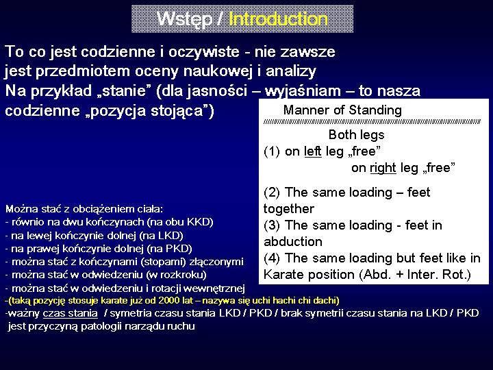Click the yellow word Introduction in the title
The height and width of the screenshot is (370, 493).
[278, 19]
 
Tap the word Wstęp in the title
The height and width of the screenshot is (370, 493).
[185, 19]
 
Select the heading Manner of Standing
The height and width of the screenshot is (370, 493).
[342, 110]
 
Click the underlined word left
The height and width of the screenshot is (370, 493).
[313, 151]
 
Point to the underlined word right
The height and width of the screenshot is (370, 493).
[383, 169]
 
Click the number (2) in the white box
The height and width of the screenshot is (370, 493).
[272, 193]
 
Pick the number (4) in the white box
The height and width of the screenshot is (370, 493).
[272, 258]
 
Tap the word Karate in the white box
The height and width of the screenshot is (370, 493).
[284, 274]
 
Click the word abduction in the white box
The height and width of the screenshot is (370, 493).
[293, 241]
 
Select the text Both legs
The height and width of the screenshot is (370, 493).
[356, 135]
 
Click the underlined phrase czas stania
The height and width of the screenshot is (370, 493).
[70, 313]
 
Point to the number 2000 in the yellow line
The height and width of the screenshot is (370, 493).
[168, 301]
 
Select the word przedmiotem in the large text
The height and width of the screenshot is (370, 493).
[83, 71]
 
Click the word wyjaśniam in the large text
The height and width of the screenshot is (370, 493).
[303, 91]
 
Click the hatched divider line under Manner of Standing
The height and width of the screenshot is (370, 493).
[372, 121]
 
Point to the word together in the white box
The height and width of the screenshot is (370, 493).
[289, 209]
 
